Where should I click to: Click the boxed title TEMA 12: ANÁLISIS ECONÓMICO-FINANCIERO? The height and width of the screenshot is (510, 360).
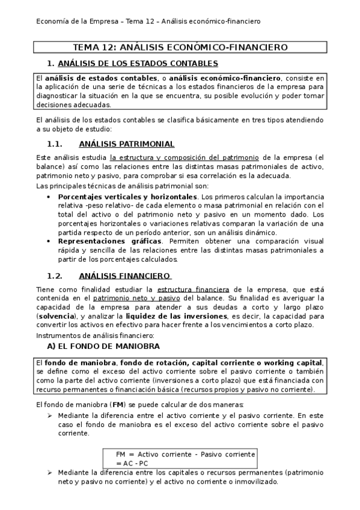click(180, 47)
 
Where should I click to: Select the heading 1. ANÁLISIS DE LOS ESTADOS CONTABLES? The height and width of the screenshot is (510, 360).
click(132, 63)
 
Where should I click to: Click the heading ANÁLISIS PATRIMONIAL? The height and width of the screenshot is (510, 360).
click(126, 144)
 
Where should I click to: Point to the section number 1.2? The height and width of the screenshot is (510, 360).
click(55, 276)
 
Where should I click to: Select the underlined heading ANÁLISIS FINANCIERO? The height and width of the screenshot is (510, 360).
click(125, 276)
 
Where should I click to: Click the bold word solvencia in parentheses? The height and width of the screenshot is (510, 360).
click(57, 315)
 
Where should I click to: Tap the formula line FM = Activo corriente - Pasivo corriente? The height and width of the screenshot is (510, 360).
click(186, 454)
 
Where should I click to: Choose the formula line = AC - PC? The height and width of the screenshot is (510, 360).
click(132, 463)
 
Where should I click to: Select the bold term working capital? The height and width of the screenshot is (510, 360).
click(294, 363)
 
